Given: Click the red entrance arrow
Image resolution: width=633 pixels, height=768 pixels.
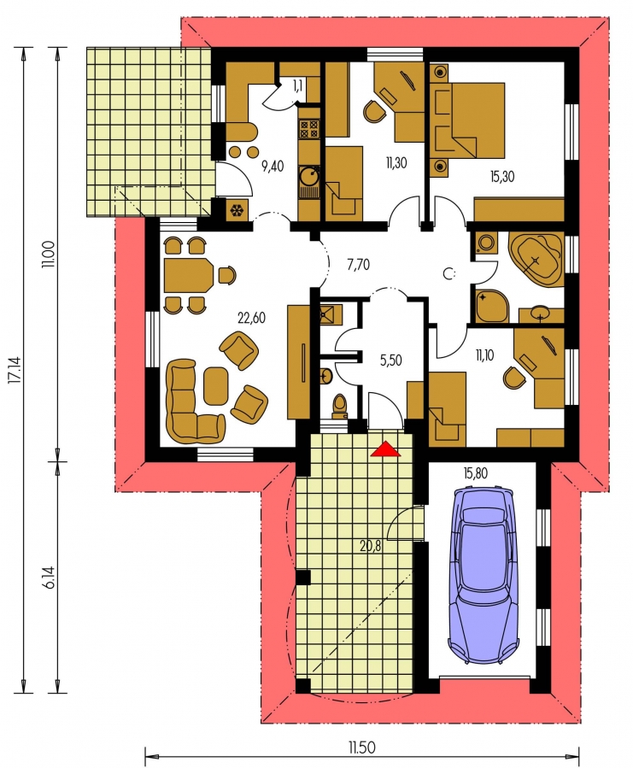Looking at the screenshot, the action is tap(385, 448).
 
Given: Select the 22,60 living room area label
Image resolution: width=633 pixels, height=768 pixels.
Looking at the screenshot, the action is tap(251, 318).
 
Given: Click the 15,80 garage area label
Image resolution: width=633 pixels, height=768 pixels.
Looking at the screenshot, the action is tap(475, 473).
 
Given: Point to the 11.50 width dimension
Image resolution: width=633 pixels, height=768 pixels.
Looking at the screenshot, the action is tap(361, 747).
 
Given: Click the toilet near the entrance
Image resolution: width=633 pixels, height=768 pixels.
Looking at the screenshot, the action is tap(339, 406).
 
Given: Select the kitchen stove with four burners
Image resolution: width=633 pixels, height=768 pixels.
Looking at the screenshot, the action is tap(309, 129).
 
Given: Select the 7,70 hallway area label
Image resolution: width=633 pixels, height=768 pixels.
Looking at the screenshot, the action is tap(358, 265).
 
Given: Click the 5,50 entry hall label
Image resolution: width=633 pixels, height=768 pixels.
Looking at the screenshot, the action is tap(390, 361).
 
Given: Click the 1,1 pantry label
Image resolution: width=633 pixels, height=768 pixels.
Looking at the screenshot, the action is tap(297, 85).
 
